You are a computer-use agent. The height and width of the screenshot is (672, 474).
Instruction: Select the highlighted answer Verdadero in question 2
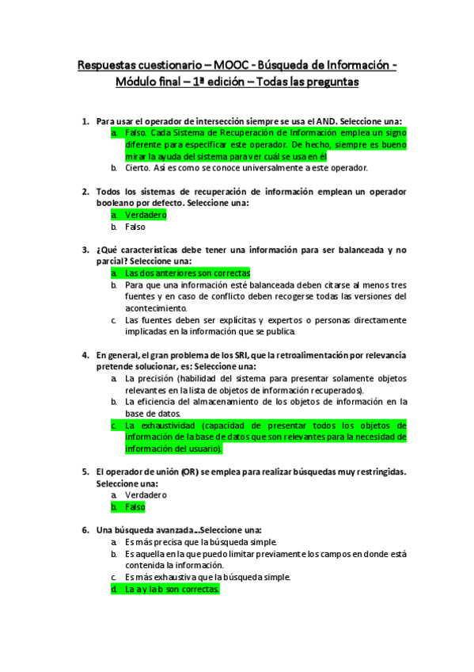[146, 215]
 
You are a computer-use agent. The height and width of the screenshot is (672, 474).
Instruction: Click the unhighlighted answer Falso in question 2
[135, 227]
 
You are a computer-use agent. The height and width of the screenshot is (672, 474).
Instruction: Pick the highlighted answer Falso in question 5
[135, 506]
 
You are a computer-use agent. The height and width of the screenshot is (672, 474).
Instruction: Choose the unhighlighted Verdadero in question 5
[146, 494]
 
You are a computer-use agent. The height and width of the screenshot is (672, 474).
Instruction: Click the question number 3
[85, 250]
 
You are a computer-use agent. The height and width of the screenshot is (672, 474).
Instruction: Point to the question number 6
[85, 529]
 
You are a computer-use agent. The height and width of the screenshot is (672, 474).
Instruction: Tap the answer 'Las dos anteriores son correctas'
[187, 273]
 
